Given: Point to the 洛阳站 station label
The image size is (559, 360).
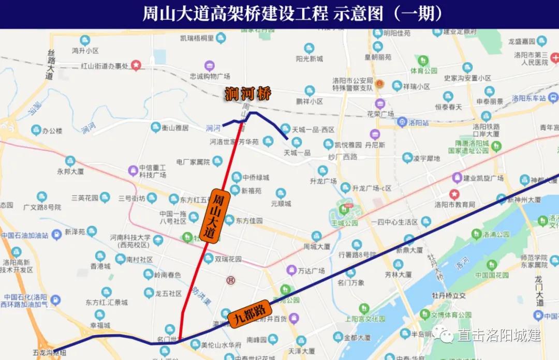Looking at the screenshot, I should coord(418,123).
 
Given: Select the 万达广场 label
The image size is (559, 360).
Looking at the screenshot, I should coord(312,271).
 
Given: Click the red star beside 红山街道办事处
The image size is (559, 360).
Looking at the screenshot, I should coord(136,65).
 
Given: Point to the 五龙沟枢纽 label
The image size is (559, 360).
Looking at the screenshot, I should coord(49,353).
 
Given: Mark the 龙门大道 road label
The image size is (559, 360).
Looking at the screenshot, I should coord(539,291).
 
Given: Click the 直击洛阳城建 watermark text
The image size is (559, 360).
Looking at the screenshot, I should coord(498,335).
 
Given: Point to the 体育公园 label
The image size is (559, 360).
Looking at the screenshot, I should coord(424,70).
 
